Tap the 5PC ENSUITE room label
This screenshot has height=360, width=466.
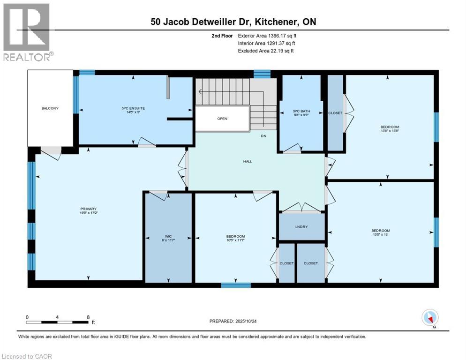tap(135, 108)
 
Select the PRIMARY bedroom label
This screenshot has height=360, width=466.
tap(88, 209)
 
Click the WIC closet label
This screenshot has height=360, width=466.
tap(168, 236)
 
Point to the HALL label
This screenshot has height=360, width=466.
tap(247, 161)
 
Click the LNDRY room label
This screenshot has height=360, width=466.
tap(301, 227)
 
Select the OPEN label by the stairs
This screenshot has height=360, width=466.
tap(222, 119)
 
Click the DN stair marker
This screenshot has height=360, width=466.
tap(263, 136)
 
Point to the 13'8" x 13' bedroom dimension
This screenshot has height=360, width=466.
tap(380, 236)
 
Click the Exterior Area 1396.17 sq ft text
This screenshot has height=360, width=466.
tap(267, 35)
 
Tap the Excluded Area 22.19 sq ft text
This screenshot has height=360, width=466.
tap(266, 51)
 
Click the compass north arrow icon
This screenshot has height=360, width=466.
tap(429, 317)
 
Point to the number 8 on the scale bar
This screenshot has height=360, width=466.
tap(88, 317)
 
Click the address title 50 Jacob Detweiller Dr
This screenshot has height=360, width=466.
tap(237, 22)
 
